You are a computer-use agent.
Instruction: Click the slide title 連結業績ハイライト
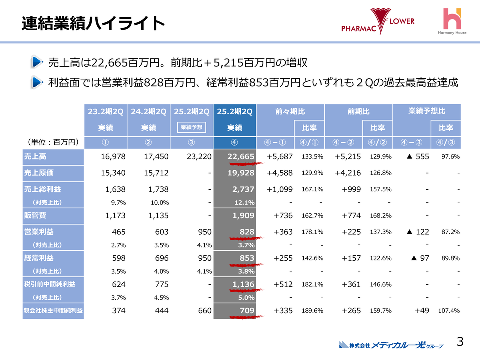(93, 23)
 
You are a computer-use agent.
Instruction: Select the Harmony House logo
(453, 22)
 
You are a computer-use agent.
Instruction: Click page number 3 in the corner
(460, 342)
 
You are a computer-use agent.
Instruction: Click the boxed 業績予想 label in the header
(191, 127)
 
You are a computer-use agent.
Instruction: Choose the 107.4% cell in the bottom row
(448, 311)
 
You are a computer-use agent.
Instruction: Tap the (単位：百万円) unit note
(51, 142)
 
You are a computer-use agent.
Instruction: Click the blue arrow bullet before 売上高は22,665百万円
(37, 63)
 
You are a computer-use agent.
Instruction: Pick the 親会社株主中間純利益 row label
(53, 311)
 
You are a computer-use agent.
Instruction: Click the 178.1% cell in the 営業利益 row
(312, 232)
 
